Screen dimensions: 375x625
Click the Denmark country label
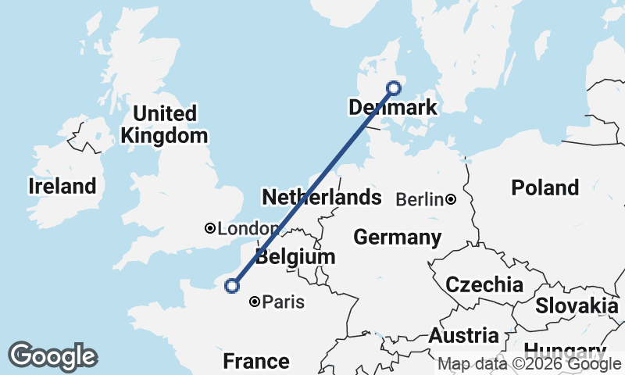click(393, 108)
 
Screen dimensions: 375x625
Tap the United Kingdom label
click(165, 124)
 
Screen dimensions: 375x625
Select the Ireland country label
click(62, 186)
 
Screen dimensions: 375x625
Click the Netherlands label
click(321, 197)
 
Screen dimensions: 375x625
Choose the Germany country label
click(397, 237)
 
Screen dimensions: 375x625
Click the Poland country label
click(545, 187)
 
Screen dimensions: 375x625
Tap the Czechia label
click(484, 284)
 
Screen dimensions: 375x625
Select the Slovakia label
click(577, 305)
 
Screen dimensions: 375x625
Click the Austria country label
click(463, 336)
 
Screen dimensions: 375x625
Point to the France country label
click(255, 361)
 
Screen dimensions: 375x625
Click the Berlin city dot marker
click(451, 200)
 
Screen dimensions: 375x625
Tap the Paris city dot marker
click(255, 302)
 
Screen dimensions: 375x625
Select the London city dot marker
click(209, 228)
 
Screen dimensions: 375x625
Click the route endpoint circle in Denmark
click(394, 87)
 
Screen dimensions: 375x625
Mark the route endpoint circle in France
click(232, 286)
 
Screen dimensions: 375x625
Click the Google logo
click(52, 356)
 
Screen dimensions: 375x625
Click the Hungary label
click(564, 350)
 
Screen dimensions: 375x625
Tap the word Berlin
click(419, 200)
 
